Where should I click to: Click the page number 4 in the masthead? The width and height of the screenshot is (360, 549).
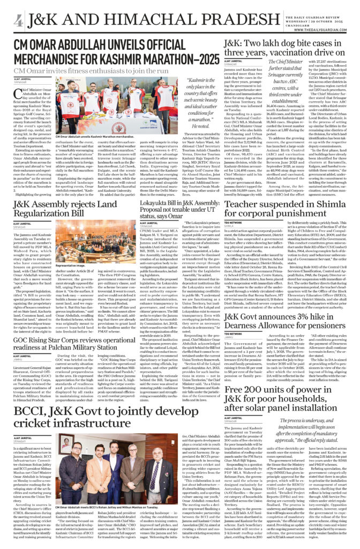pyautogui.click(x=19, y=21)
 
